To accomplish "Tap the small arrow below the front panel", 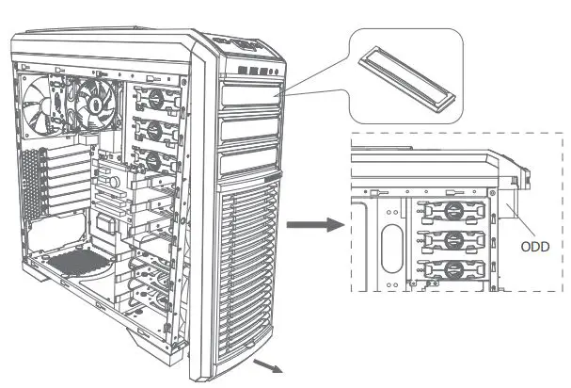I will point(272,364).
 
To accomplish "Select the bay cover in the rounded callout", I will point(405,76).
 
